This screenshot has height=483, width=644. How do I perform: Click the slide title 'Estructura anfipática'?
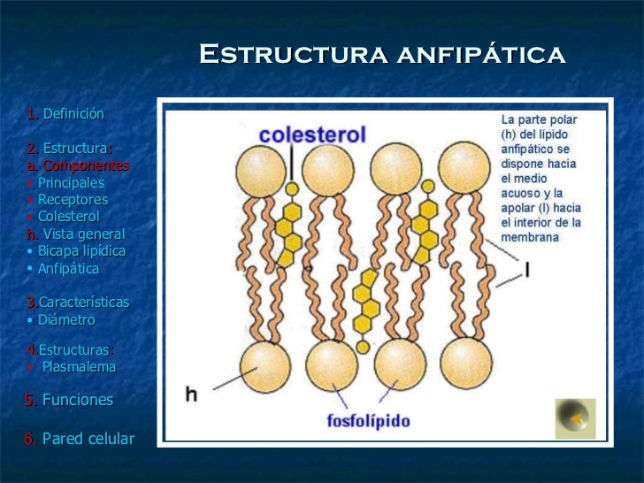pos(381,55)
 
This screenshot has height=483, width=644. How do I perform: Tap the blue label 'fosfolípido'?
pos(368,420)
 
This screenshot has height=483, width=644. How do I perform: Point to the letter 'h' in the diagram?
pos(191,395)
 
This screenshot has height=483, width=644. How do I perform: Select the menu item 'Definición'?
pos(73,114)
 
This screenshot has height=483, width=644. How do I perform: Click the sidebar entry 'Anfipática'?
pos(68,268)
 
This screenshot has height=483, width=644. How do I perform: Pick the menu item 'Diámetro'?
pos(65,319)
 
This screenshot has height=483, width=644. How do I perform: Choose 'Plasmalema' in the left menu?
pos(79,366)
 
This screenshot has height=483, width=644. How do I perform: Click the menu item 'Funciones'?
pos(78,400)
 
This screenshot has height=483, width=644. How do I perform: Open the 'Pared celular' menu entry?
pos(88,439)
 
